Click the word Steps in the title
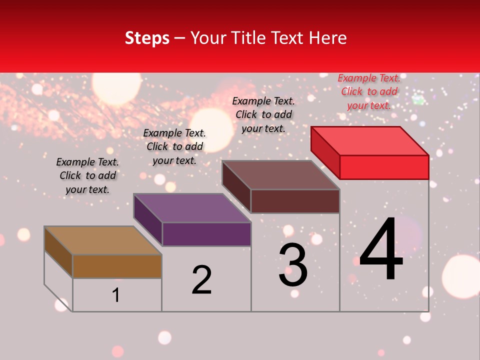point(147,38)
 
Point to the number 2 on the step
point(201,280)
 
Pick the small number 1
point(116,295)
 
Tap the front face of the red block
point(384,167)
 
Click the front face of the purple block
point(206,234)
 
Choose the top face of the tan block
point(103,240)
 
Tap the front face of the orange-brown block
point(117,266)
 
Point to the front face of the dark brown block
point(295,201)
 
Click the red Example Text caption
point(369,91)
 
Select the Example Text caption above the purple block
point(174,146)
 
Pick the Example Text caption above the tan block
point(87,175)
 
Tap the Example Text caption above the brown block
point(263,114)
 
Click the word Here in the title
point(329,38)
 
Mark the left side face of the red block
point(325,152)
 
